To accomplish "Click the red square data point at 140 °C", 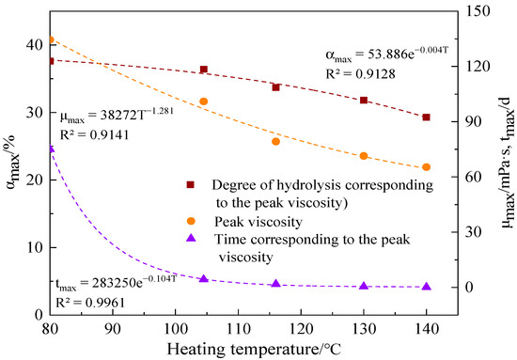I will pos(426,117).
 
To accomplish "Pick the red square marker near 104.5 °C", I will pos(204,70).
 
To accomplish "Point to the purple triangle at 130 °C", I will pos(364,286).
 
